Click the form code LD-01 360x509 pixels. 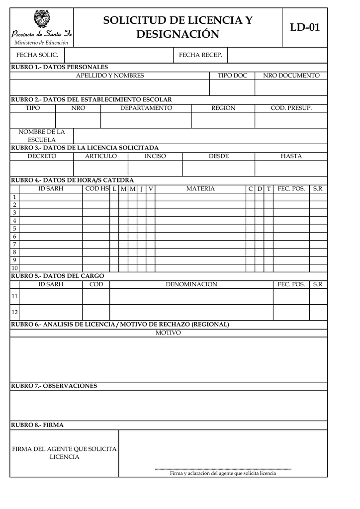[305, 28]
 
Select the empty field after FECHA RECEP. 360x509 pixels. [277, 55]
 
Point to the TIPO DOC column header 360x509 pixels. [232, 76]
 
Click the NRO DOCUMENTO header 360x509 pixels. [291, 76]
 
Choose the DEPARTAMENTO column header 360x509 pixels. [146, 108]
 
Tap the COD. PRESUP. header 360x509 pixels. [291, 108]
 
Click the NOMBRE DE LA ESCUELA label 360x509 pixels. [42, 136]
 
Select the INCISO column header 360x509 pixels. [155, 157]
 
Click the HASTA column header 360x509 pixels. [291, 157]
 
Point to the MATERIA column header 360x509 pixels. [200, 189]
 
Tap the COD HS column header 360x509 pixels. [96, 189]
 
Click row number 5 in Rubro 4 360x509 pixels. [14, 229]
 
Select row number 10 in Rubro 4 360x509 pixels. [14, 268]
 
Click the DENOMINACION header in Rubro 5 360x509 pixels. [191, 285]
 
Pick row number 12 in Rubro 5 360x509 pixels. [14, 312]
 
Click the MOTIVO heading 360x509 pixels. [168, 333]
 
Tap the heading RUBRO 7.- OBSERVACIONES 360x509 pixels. [54, 386]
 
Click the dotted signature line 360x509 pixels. [223, 469]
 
